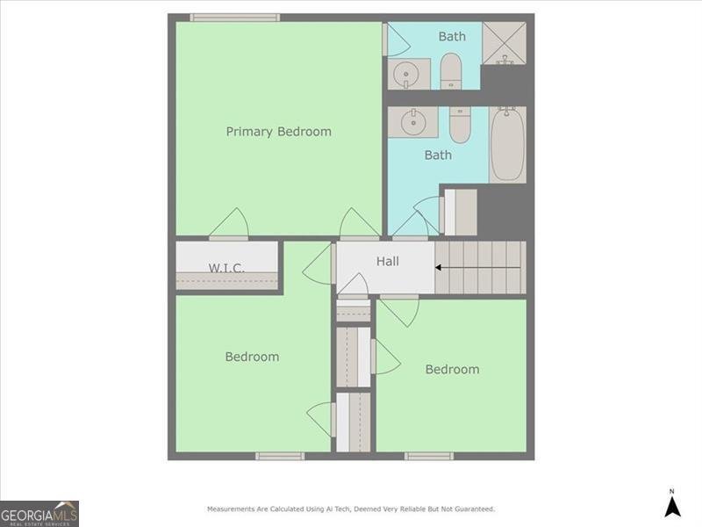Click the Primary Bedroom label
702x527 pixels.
(x=278, y=132)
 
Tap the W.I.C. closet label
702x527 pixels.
(x=226, y=268)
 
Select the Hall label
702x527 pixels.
(x=387, y=261)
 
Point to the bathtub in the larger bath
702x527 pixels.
(x=507, y=145)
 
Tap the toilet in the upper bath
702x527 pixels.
(x=451, y=71)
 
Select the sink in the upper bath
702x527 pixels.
(x=406, y=74)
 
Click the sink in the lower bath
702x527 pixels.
(x=413, y=122)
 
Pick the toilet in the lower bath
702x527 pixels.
(x=460, y=124)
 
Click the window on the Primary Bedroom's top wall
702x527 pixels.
(x=235, y=18)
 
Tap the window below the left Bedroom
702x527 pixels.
(x=280, y=456)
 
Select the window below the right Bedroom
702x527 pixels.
(x=429, y=456)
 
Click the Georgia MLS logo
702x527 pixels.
(x=39, y=513)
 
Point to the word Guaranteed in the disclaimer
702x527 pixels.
(x=473, y=509)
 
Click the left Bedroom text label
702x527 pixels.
(x=252, y=357)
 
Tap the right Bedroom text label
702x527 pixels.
(x=452, y=370)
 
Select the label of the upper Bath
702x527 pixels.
(x=452, y=37)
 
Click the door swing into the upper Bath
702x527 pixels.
(x=396, y=40)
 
